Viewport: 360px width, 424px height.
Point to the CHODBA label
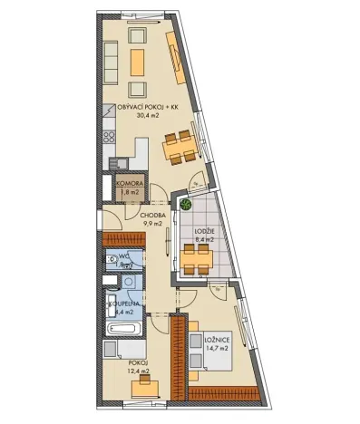pyautogui.click(x=151, y=215)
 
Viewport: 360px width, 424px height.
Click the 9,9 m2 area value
pyautogui.click(x=151, y=224)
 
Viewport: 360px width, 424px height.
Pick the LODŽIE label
pyautogui.click(x=203, y=231)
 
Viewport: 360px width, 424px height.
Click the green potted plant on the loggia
pyautogui.click(x=185, y=204)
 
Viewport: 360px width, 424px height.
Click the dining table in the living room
pyautogui.click(x=179, y=143)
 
